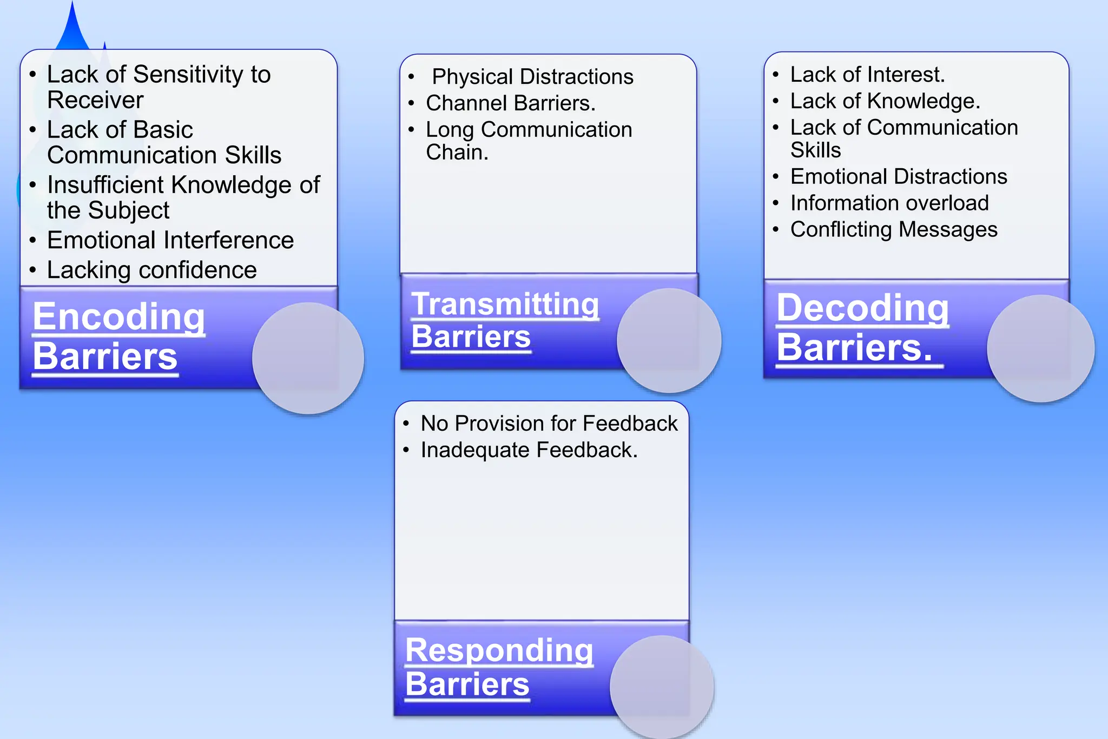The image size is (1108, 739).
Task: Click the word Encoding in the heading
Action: point(118,317)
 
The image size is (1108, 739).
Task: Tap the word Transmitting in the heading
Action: point(505,305)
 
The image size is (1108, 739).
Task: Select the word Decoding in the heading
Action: point(862,308)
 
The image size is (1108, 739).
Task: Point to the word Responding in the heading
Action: point(499,650)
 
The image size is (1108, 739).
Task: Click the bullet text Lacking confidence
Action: point(151,270)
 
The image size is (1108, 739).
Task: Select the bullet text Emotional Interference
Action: point(170,240)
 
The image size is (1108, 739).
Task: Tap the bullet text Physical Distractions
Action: point(532,77)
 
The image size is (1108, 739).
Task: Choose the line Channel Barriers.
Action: point(510,103)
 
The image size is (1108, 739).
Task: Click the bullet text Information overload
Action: point(889,203)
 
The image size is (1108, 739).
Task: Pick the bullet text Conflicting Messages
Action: point(893,230)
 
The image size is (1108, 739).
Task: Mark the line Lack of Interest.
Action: point(867,75)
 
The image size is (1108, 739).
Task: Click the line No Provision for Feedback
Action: point(549,424)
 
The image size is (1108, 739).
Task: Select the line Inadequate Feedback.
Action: point(529,450)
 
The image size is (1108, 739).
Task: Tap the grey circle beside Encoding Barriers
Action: point(308,358)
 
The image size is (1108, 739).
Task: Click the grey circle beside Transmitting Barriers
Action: point(669,340)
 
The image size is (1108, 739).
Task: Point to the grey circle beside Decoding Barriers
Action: point(1040,348)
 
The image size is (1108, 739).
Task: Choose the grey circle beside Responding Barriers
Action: point(662,686)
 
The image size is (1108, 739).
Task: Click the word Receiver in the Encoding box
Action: point(95,100)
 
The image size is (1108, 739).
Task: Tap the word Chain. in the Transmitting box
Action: point(457,153)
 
